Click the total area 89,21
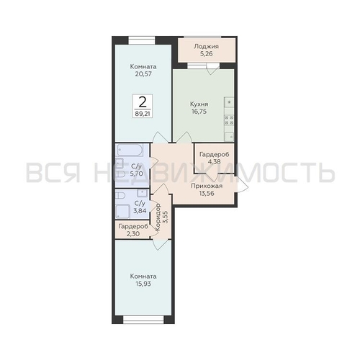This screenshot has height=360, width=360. coord(143,112)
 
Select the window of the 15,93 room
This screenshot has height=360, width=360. coord(143,319)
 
